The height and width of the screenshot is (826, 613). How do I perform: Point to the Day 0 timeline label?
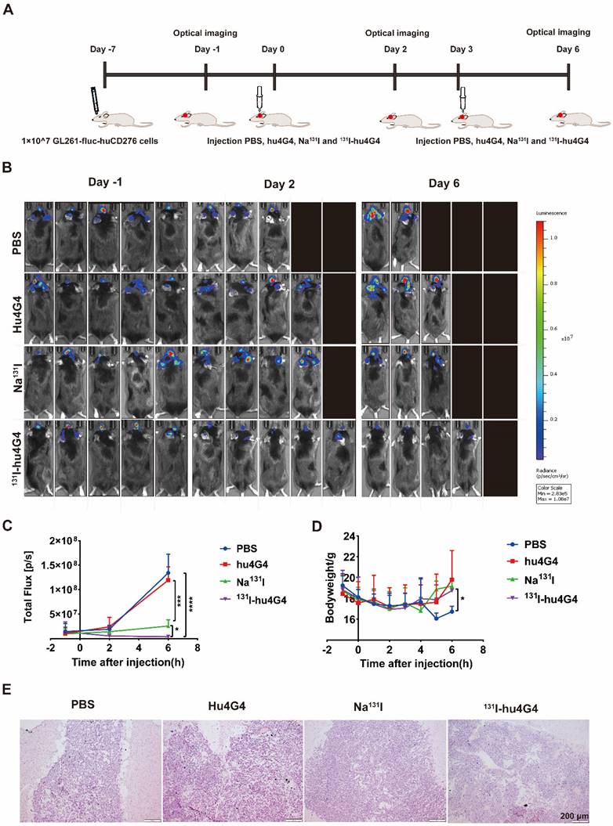274,49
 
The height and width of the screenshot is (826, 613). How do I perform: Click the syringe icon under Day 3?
463,98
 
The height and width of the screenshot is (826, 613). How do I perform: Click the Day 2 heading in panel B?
280,185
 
